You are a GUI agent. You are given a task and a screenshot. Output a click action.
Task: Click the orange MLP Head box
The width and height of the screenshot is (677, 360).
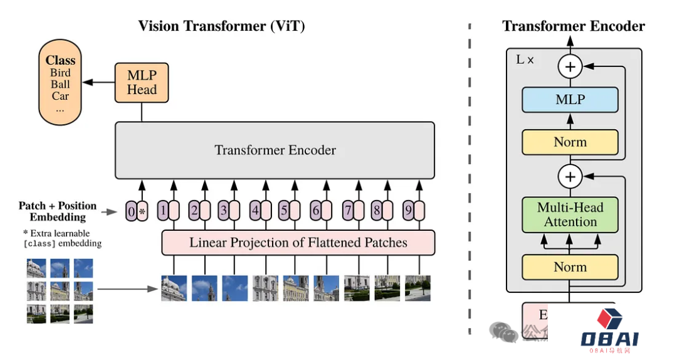(142, 82)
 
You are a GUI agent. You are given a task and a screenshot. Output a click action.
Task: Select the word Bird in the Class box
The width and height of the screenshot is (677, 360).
(60, 73)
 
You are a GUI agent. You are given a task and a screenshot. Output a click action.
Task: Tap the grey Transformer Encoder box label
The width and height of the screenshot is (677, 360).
(275, 151)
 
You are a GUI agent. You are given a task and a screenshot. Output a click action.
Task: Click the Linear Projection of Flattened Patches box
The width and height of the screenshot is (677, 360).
(298, 243)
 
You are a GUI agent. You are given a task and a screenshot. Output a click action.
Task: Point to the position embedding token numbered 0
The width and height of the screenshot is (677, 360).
(131, 211)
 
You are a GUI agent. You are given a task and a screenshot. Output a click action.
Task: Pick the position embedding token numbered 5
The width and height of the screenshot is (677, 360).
(284, 211)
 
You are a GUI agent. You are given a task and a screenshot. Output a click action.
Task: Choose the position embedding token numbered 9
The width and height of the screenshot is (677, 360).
(408, 211)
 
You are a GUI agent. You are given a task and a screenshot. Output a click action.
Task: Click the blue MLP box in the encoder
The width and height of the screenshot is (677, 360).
(570, 100)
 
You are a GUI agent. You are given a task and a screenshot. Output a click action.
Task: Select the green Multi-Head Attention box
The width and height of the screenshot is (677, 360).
(570, 214)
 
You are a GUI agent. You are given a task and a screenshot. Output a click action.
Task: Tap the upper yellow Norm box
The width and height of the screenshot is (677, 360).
(570, 142)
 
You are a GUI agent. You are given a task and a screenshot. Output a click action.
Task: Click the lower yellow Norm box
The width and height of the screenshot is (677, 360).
(570, 267)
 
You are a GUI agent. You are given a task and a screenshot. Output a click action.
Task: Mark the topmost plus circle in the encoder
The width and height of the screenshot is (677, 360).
(570, 66)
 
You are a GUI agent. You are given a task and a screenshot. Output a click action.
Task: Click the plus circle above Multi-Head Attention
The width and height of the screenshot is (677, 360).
(570, 177)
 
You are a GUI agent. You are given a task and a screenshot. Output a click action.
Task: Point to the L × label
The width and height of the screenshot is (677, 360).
(525, 60)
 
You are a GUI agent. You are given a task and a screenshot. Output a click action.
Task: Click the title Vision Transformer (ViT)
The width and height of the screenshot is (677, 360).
(221, 26)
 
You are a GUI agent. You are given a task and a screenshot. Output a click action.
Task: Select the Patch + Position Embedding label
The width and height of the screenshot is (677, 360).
(58, 211)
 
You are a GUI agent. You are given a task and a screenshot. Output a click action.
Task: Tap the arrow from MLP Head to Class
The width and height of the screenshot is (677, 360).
(99, 82)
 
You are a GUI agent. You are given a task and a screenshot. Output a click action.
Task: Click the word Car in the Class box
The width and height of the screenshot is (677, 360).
(60, 96)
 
